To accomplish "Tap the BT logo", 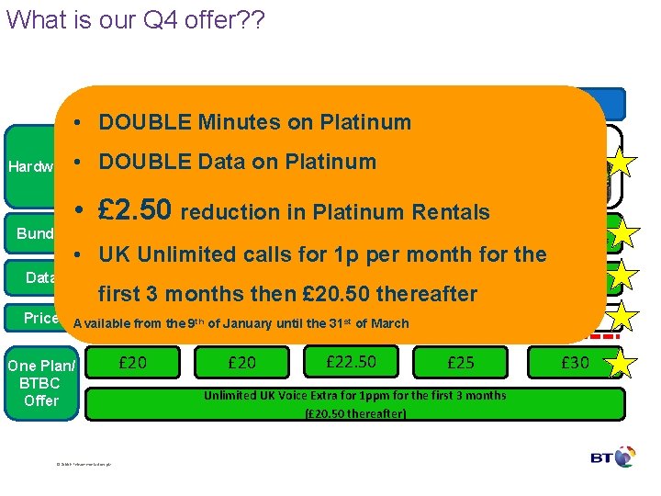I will click(x=614, y=457).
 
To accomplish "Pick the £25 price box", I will click(x=460, y=363).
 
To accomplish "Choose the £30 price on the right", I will click(x=575, y=363).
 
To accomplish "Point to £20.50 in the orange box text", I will click(x=334, y=294).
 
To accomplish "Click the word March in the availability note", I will click(x=389, y=323).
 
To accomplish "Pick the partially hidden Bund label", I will click(x=35, y=233).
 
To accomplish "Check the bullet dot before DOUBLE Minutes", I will click(x=81, y=122).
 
